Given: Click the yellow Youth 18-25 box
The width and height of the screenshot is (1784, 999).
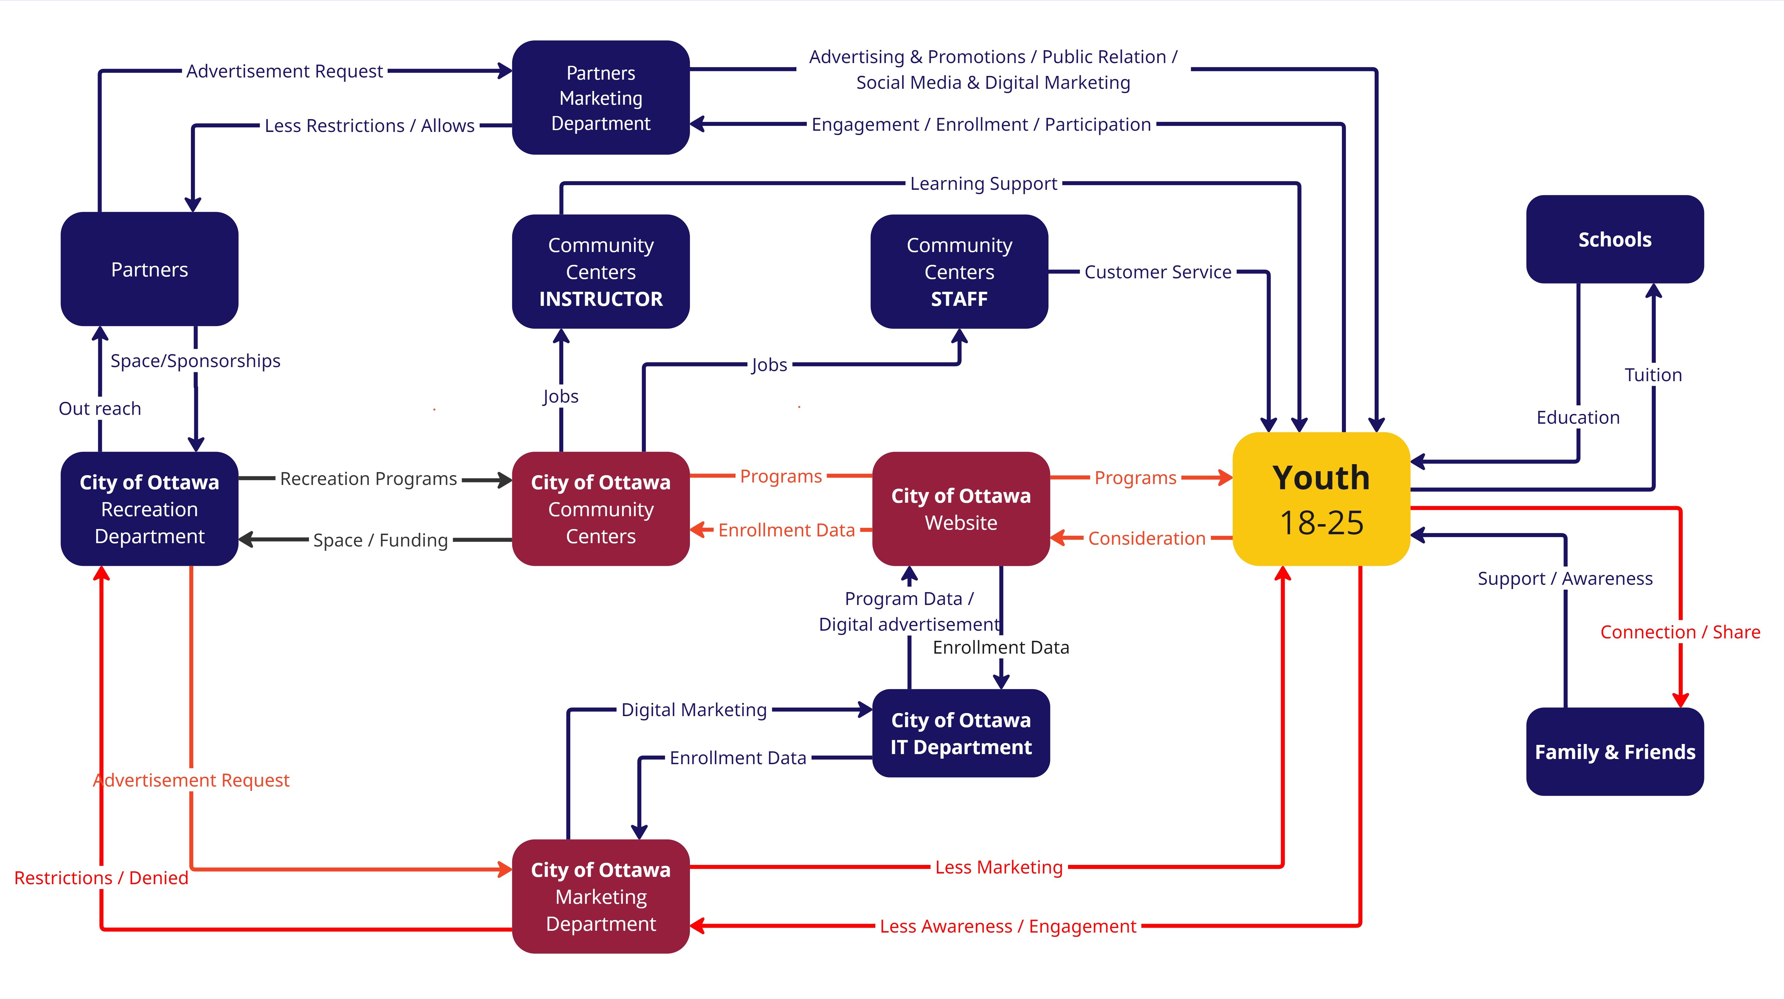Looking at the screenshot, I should click(x=1321, y=499).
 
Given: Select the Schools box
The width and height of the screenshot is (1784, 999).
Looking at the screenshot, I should click(x=1614, y=240).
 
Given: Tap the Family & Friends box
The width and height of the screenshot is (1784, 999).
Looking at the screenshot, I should click(x=1614, y=752).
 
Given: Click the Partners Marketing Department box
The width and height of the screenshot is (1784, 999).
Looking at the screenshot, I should click(x=601, y=98).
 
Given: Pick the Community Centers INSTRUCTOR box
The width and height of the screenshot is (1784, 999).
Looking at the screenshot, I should click(x=601, y=272).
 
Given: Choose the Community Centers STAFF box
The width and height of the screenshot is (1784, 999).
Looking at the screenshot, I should click(x=959, y=272).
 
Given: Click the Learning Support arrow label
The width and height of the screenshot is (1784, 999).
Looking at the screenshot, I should click(x=983, y=184).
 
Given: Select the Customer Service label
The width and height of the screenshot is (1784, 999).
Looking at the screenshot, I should click(x=1157, y=272).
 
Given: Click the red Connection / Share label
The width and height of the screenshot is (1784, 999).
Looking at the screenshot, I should click(x=1680, y=632).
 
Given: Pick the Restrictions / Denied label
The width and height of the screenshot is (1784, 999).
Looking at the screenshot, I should click(x=101, y=878).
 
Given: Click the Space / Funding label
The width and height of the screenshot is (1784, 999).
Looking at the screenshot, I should click(x=380, y=540).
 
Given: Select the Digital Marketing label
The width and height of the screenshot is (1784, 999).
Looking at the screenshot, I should click(x=694, y=709).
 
